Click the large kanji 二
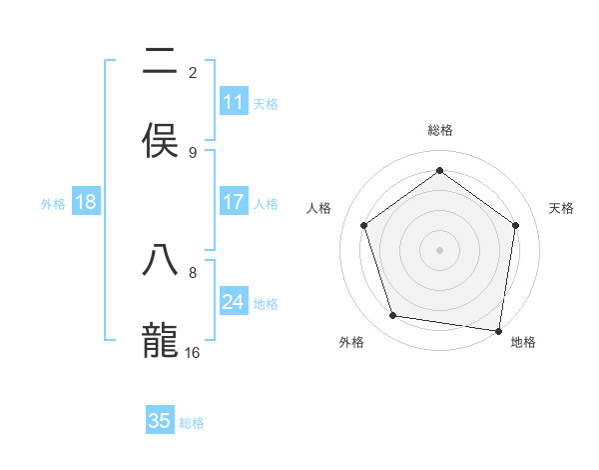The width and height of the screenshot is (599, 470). tap(160, 61)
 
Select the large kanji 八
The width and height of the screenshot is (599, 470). tap(160, 261)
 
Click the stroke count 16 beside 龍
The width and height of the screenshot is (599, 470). tap(193, 352)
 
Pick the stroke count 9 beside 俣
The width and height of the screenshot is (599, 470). tap(193, 152)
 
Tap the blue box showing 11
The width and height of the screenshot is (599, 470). tap(234, 102)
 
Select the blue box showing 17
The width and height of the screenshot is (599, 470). tap(234, 202)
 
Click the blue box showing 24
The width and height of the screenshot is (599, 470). tap(234, 302)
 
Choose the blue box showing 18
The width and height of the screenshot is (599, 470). tap(86, 202)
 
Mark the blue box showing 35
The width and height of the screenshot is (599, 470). tap(160, 421)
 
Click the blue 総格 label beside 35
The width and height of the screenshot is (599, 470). tap(192, 423)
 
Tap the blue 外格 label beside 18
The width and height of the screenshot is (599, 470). tap(53, 204)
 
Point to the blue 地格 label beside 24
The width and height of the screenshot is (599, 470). tap(266, 304)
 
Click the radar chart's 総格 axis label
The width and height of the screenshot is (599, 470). tap(439, 130)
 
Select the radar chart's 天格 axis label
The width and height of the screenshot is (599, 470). tap(561, 208)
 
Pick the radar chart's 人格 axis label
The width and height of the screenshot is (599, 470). tap(318, 208)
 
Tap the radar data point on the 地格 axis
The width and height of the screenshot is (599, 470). tap(498, 330)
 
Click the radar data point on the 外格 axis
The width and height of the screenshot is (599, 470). tap(393, 316)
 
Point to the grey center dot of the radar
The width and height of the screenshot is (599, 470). tap(439, 249)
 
